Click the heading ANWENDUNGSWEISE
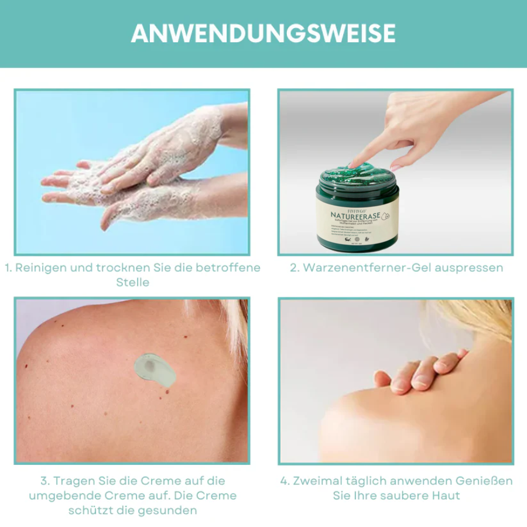[x=263, y=33]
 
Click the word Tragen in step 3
[x=74, y=481]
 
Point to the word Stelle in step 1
[x=133, y=282]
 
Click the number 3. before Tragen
[x=45, y=481]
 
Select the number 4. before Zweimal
[x=285, y=481]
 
